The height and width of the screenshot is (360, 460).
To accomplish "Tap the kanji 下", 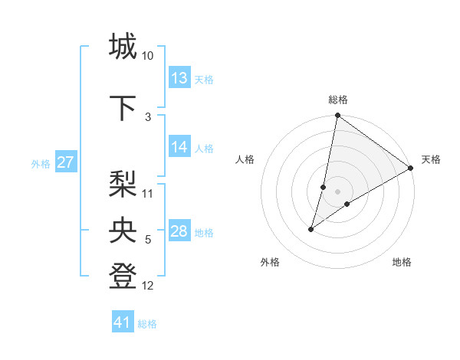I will pyautogui.click(x=123, y=107).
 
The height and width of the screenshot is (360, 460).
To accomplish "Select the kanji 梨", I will pyautogui.click(x=123, y=184).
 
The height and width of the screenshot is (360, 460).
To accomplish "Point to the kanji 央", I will pyautogui.click(x=123, y=231).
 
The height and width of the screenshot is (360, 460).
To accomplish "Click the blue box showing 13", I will pyautogui.click(x=179, y=78).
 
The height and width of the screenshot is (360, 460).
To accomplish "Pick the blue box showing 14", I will pyautogui.click(x=179, y=148).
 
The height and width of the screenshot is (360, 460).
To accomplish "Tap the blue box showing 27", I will pyautogui.click(x=66, y=163).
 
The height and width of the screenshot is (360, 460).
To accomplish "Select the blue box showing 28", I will pyautogui.click(x=179, y=232).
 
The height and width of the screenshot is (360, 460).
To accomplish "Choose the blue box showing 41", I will pyautogui.click(x=123, y=322).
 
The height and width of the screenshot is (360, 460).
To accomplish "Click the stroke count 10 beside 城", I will pyautogui.click(x=148, y=56).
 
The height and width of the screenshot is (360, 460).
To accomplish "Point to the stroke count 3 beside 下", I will pyautogui.click(x=148, y=117).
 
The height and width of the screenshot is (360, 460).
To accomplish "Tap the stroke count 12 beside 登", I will pyautogui.click(x=148, y=286).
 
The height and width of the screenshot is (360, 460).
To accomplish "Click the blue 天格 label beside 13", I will pyautogui.click(x=204, y=80).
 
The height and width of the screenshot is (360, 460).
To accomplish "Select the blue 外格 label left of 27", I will pyautogui.click(x=41, y=164).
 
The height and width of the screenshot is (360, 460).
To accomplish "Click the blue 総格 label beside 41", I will pyautogui.click(x=147, y=324).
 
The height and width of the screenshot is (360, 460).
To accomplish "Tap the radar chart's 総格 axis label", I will pyautogui.click(x=337, y=100).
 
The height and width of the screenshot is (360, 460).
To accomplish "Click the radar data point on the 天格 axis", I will pyautogui.click(x=411, y=168).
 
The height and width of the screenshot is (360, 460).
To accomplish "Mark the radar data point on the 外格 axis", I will pyautogui.click(x=311, y=229).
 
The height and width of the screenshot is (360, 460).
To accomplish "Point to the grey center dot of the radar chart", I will pyautogui.click(x=337, y=191).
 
